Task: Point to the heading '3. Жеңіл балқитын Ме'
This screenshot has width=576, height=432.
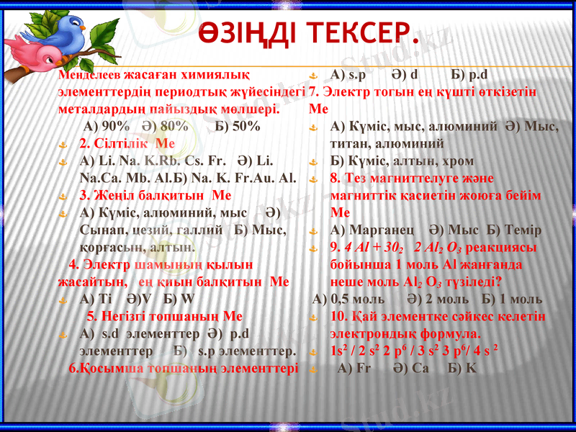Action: point(155,194)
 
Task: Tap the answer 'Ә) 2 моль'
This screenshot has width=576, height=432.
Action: point(432,299)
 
